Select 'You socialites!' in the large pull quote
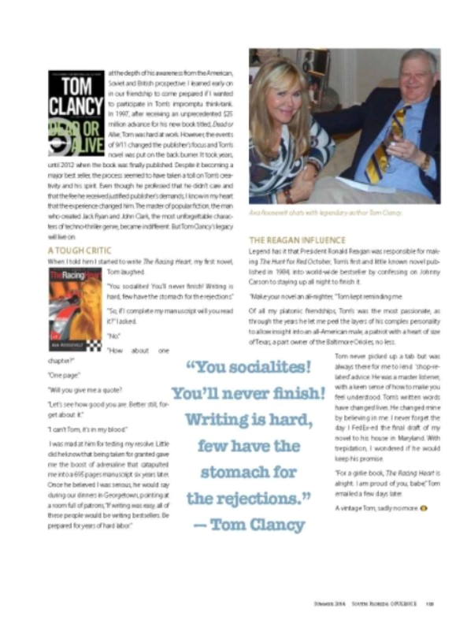point(248,369)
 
